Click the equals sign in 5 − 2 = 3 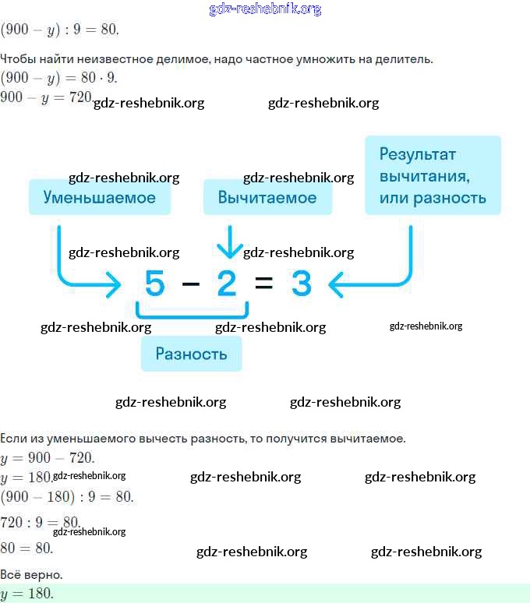click(264, 285)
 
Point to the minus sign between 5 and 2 click(191, 285)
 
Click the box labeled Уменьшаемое click(99, 197)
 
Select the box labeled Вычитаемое click(267, 197)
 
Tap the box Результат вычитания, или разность click(433, 175)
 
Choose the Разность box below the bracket click(191, 354)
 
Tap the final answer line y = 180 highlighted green click(28, 594)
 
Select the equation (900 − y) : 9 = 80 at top click(59, 30)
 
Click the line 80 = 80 click(27, 548)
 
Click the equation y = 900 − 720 click(48, 458)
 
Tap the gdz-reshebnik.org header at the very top click(265, 9)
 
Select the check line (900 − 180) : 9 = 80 click(67, 496)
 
